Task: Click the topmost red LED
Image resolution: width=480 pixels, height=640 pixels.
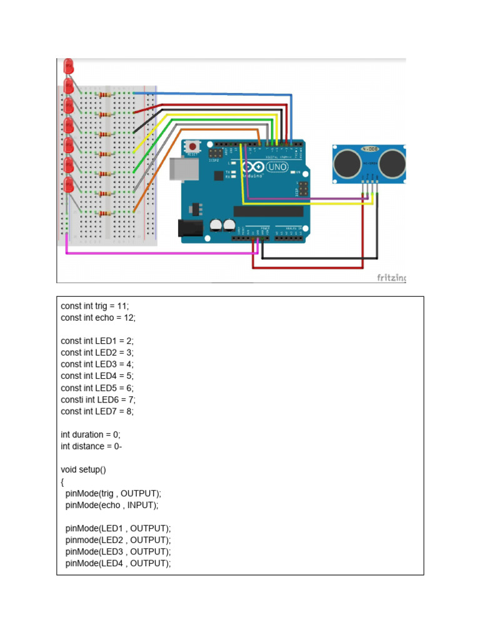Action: [x=69, y=64]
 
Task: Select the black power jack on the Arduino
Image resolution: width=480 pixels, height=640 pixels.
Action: [x=190, y=229]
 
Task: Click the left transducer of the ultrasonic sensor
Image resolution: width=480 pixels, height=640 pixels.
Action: [x=347, y=163]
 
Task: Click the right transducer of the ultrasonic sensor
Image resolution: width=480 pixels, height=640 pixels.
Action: [x=391, y=163]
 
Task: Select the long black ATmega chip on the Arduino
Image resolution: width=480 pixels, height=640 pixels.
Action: [x=268, y=211]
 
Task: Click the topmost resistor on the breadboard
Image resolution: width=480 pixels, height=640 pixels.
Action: [x=104, y=94]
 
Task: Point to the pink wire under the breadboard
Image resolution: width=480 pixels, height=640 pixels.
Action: [x=156, y=253]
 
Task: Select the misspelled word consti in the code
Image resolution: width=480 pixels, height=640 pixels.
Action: [x=72, y=399]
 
